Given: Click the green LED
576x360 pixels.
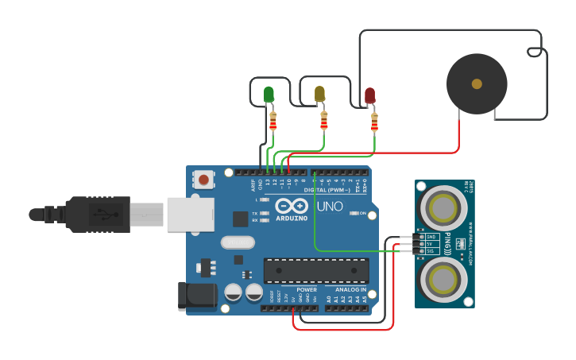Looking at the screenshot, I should click(269, 95).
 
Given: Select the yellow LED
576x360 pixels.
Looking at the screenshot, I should click(319, 94).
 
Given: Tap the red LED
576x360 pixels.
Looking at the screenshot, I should click(369, 95).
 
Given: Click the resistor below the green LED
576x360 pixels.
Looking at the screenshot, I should click(273, 121).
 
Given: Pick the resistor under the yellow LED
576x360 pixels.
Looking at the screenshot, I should click(323, 121).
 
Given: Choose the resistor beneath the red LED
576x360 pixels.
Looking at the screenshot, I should click(374, 122).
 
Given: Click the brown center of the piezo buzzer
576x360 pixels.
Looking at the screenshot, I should click(477, 83).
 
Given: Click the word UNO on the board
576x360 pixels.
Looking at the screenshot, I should click(330, 207).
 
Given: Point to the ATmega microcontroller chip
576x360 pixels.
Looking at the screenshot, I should click(316, 270).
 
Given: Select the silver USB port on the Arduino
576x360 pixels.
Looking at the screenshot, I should click(190, 215).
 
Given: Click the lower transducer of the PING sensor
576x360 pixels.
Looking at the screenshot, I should click(442, 280).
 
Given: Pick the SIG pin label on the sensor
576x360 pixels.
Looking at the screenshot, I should click(431, 250).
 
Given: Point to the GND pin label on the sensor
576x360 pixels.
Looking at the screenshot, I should click(431, 237).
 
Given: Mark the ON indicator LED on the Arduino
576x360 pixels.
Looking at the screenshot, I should click(354, 213).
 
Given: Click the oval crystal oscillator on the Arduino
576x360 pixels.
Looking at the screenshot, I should click(237, 242).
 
